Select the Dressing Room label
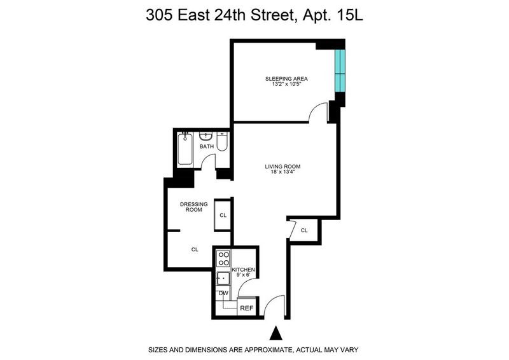coord(194,207)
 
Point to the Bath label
coord(207,147)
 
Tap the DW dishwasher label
coord(224,293)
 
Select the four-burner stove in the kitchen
coord(223,258)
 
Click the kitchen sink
coord(223,278)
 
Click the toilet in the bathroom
coord(222,142)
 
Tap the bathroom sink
coord(206,136)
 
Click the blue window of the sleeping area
coord(340,71)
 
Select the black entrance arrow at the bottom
coord(276,333)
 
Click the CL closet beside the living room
coord(304,230)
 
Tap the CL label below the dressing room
coord(195,249)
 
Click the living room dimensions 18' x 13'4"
coord(282,172)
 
